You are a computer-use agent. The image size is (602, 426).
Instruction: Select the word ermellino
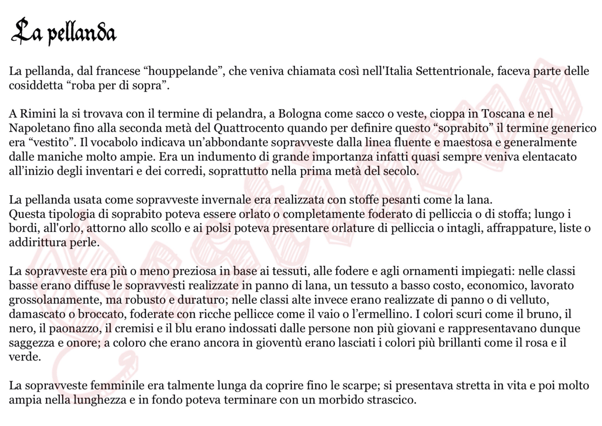click(x=384, y=314)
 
